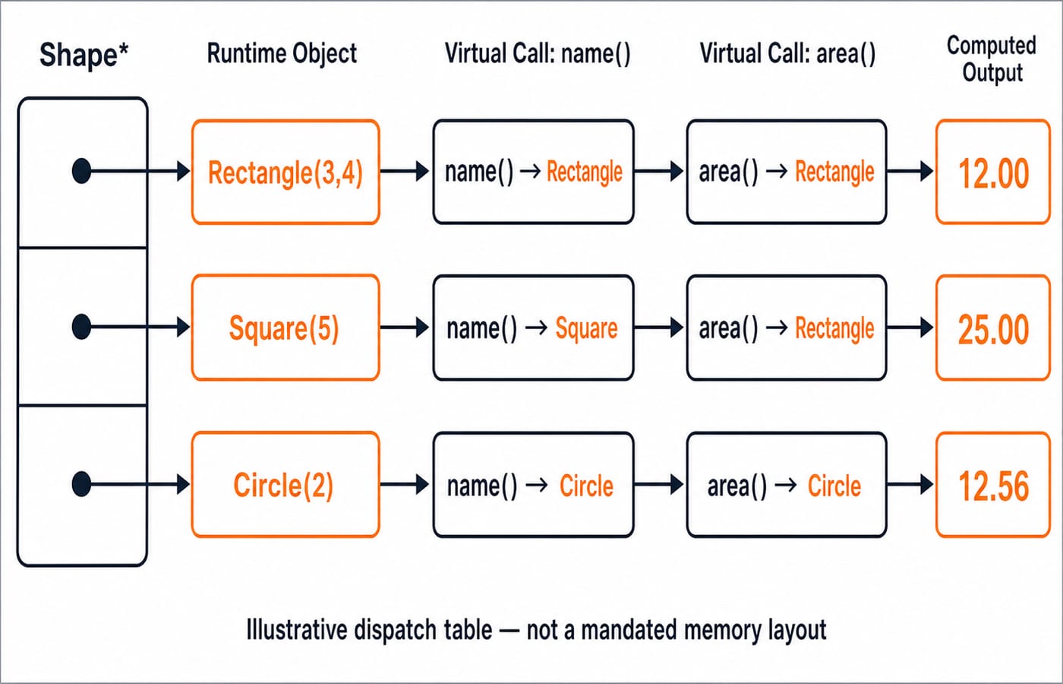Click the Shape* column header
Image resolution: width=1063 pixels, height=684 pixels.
[84, 55]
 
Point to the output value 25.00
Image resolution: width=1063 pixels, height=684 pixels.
[993, 329]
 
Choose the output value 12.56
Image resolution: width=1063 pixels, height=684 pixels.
[993, 486]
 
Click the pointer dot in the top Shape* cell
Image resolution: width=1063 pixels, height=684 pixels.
[82, 171]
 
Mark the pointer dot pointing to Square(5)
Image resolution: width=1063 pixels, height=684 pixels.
[82, 327]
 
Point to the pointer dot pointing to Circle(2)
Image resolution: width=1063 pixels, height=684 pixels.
[82, 484]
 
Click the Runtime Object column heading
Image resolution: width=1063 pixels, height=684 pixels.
[282, 53]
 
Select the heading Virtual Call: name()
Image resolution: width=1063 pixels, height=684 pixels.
[538, 53]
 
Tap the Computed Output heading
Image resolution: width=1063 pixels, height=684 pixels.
[992, 59]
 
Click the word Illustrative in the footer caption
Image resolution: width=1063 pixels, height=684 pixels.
[297, 630]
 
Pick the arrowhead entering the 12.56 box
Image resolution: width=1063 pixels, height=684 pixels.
[926, 485]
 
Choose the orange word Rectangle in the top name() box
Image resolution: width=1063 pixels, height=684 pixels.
[584, 172]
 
